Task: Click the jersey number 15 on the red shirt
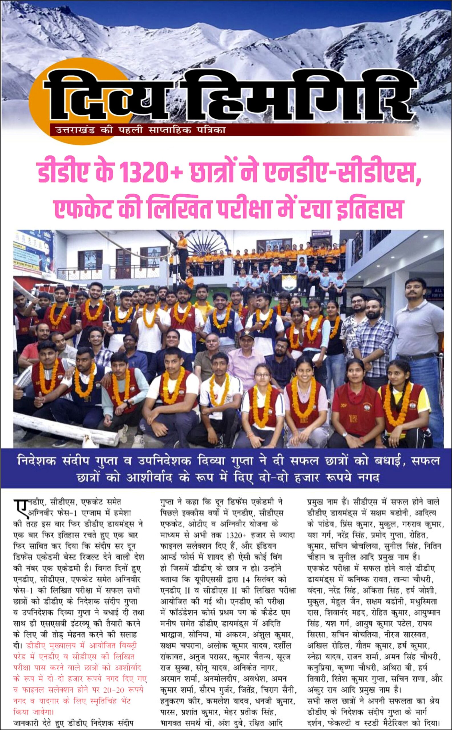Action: [353, 418]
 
